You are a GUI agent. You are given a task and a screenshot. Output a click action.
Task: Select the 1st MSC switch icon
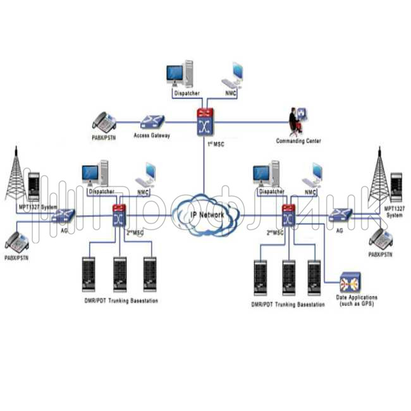click(204, 121)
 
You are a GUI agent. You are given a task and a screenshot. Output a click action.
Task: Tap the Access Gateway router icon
click(152, 121)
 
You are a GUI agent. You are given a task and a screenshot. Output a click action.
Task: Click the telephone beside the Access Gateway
click(104, 120)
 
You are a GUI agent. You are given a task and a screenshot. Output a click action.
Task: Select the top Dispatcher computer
click(180, 74)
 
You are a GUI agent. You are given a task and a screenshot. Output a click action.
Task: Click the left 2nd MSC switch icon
click(118, 216)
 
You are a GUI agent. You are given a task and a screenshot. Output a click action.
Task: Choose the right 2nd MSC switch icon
click(288, 216)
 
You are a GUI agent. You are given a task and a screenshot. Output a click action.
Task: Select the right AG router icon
click(340, 216)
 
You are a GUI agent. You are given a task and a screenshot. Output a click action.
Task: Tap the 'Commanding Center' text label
click(298, 141)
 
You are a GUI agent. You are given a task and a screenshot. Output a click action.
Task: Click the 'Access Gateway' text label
click(152, 135)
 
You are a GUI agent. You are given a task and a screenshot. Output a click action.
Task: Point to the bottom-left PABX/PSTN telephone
click(18, 242)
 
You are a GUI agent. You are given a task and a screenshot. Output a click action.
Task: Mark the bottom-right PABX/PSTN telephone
click(381, 238)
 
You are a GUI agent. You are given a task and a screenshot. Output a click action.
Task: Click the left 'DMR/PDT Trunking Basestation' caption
click(120, 301)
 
